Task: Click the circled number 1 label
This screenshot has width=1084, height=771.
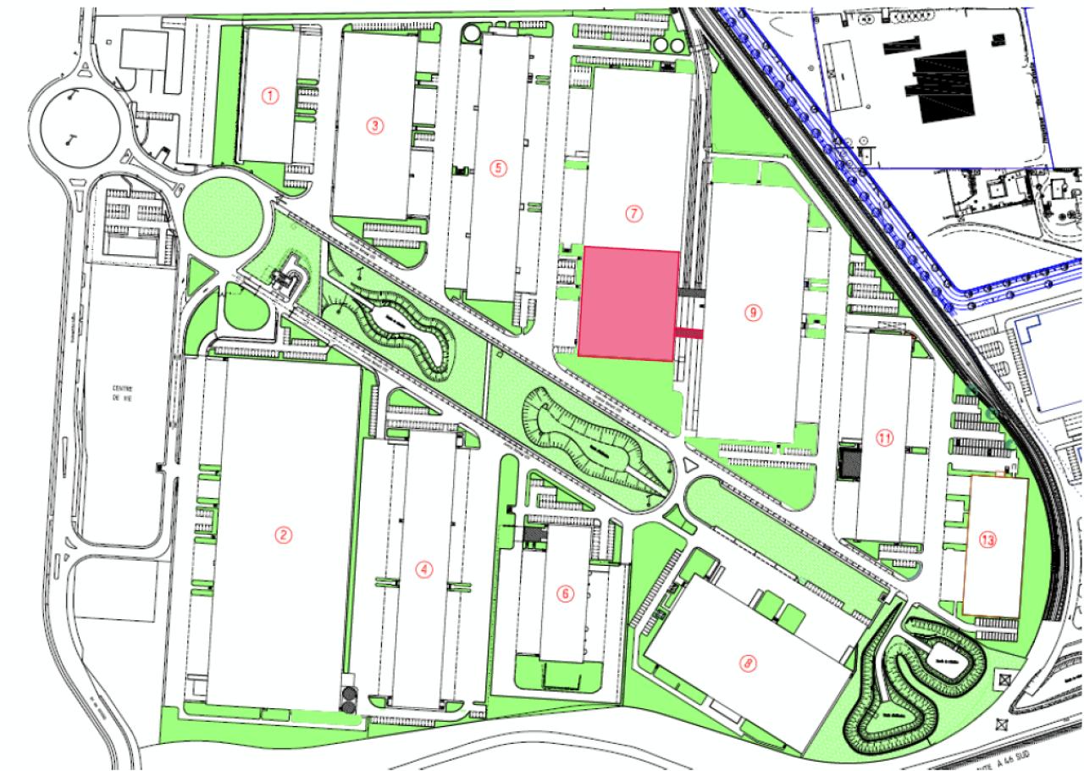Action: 270,96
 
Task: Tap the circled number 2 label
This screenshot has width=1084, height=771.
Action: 285,535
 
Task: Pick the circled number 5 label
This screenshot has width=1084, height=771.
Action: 498,167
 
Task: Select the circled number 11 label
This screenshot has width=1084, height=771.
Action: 885,438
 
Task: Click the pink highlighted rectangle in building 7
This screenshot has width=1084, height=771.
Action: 628,303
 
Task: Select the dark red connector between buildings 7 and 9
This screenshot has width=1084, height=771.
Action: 689,334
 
